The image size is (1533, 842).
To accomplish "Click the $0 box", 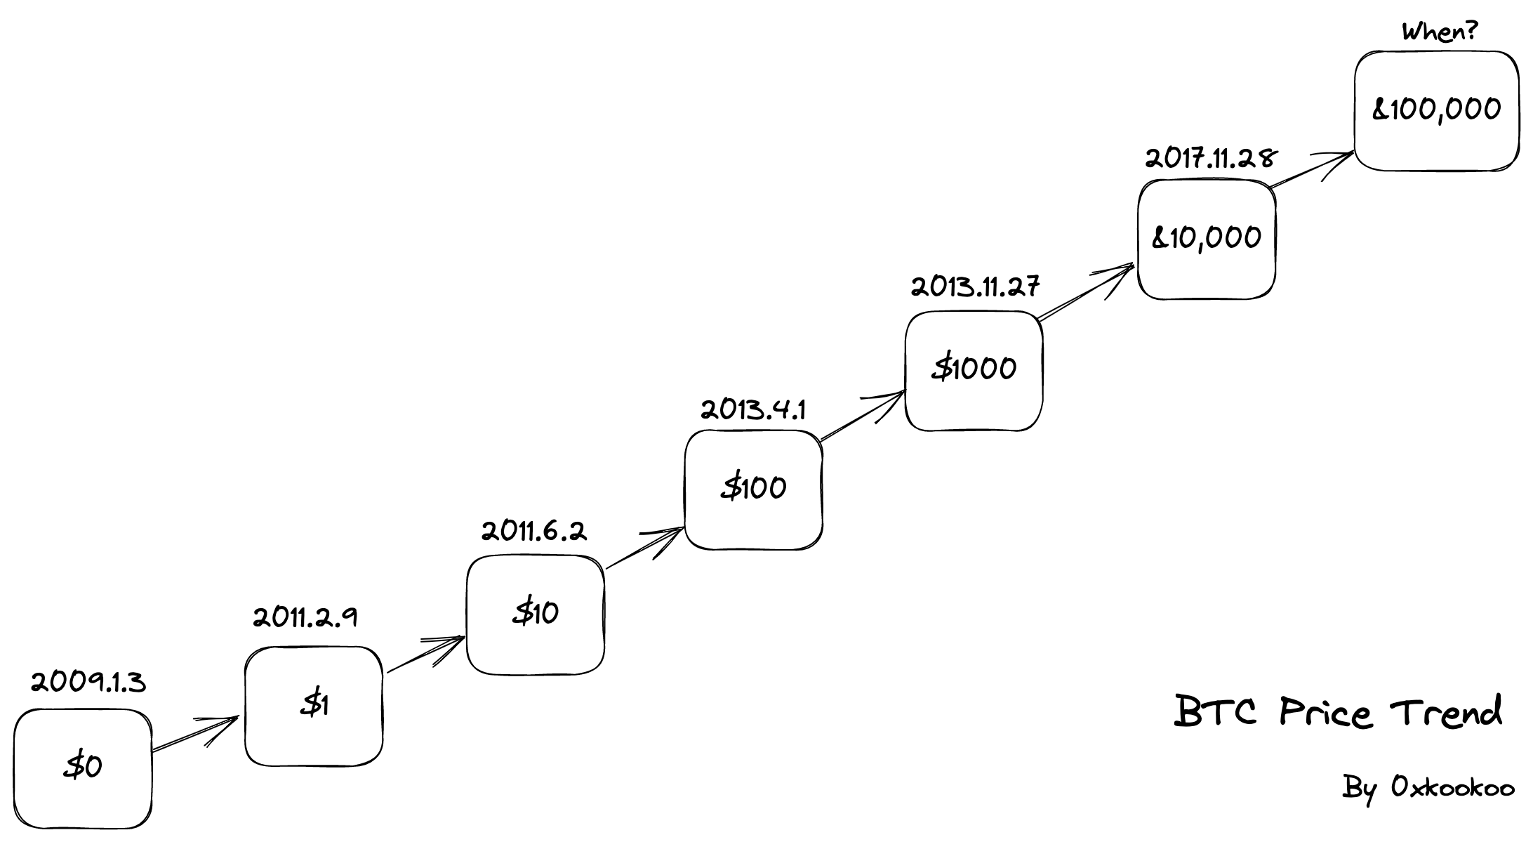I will click(x=83, y=768).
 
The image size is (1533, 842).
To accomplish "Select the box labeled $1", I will click(x=314, y=706).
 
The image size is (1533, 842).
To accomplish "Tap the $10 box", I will click(x=535, y=614).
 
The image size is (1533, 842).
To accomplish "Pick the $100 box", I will click(x=753, y=489).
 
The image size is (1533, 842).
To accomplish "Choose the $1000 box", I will click(x=974, y=370).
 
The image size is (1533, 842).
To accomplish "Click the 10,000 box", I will click(x=1206, y=239).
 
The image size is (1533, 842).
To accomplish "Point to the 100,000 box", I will click(x=1436, y=110).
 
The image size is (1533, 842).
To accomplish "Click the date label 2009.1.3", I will click(x=88, y=682).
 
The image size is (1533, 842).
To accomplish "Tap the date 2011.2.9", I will click(x=305, y=618).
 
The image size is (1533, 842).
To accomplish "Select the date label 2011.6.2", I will click(x=533, y=532).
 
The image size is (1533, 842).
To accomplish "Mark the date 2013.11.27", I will click(x=975, y=287).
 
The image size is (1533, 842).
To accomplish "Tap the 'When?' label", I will click(x=1439, y=32).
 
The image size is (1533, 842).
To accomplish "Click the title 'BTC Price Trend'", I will click(x=1338, y=712).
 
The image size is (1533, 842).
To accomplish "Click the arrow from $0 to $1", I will click(x=195, y=735).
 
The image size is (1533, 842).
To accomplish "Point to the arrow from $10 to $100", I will click(x=644, y=548).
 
